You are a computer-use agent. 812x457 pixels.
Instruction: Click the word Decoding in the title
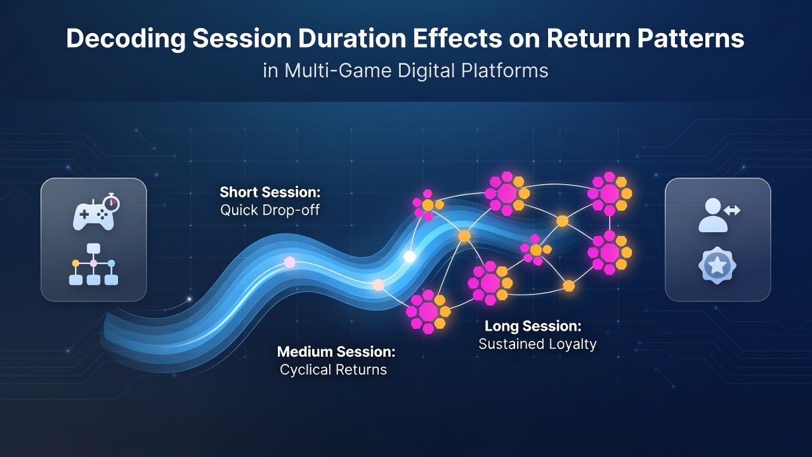tap(126, 39)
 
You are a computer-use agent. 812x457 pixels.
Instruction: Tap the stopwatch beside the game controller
tap(111, 202)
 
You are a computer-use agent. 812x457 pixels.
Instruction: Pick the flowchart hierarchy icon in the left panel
tap(93, 264)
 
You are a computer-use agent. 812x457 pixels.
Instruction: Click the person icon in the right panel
tap(712, 215)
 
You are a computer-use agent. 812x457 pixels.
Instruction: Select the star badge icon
tap(717, 265)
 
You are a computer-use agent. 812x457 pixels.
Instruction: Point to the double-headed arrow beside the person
tap(732, 210)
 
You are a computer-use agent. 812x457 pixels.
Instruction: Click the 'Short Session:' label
tap(270, 192)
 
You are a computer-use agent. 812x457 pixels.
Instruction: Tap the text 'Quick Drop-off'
tap(270, 210)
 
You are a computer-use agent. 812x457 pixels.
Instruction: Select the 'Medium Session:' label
tap(336, 352)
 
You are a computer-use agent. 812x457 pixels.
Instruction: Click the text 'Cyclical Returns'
tap(334, 369)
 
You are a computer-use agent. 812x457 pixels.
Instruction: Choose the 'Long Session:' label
tap(533, 326)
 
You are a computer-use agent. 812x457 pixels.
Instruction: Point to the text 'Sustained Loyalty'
tap(537, 344)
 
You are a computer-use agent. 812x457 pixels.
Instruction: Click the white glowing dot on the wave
tap(410, 256)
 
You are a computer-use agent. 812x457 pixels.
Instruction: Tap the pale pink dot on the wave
tap(290, 262)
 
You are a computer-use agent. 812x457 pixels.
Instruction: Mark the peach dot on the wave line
tap(378, 285)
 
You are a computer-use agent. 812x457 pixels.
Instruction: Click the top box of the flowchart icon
tap(93, 248)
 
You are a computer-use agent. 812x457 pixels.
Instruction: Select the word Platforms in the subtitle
tap(504, 70)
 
